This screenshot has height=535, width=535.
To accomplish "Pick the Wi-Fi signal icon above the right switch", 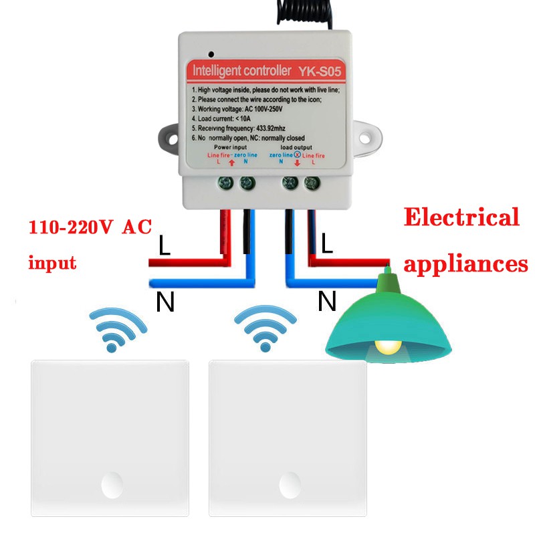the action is tap(265, 327).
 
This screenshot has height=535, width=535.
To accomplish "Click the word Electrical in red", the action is tap(461, 218).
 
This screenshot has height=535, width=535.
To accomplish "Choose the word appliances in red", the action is tap(466, 263).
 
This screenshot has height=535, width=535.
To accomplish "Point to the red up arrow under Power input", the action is tap(231, 162).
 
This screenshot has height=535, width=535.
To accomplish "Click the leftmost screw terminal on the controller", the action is tap(227, 181).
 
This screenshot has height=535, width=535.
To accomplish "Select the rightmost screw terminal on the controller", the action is tap(310, 181).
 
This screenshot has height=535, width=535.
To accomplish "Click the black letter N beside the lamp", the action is tap(327, 302).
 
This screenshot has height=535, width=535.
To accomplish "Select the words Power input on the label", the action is tap(231, 146).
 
